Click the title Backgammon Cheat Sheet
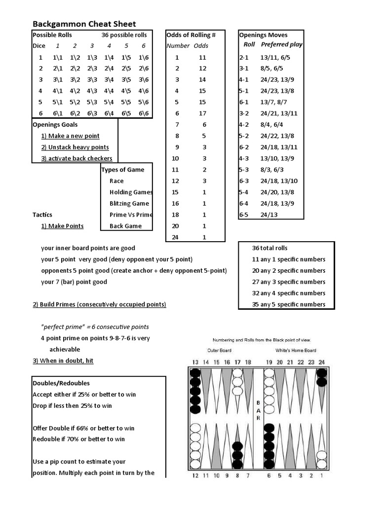[84, 24]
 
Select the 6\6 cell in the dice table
[144, 113]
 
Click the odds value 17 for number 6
[202, 113]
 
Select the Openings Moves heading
[263, 35]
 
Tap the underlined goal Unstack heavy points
[75, 147]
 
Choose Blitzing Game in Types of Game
[129, 204]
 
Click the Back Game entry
[125, 226]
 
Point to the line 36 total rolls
[269, 248]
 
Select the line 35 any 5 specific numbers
[289, 305]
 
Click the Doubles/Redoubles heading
[61, 383]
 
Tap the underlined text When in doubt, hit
[63, 361]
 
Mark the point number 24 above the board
[322, 362]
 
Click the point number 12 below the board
[195, 475]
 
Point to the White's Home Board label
[296, 351]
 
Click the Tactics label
[42, 215]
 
